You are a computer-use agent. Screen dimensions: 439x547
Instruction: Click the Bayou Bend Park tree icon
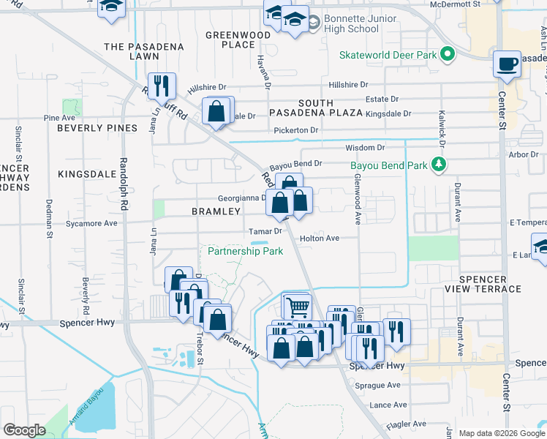click(438, 165)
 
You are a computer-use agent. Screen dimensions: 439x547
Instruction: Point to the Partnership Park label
click(245, 251)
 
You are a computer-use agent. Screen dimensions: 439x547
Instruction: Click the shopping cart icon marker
click(297, 307)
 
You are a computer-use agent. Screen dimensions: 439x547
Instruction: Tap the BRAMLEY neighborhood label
click(216, 211)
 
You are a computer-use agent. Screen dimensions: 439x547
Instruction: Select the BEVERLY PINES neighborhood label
click(97, 128)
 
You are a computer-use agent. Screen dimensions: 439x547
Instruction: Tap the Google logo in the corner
click(24, 430)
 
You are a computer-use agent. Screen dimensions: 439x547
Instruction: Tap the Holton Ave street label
click(320, 238)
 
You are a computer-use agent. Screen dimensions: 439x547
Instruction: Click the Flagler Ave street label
click(407, 424)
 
